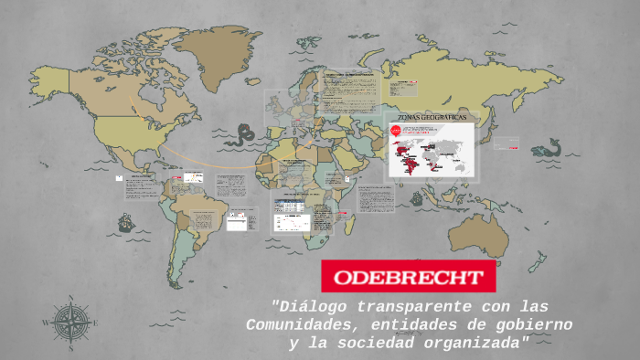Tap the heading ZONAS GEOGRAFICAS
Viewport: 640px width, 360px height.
point(432,118)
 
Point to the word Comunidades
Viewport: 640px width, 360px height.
point(294,324)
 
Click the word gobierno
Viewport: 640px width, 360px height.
point(534,324)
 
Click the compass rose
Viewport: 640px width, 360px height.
point(70,323)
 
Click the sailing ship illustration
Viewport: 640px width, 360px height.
point(125,222)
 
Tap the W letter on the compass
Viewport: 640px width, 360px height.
point(46,323)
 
